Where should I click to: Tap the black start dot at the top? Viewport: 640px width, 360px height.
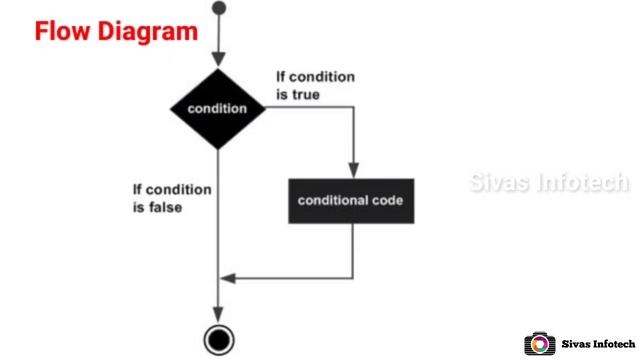pyautogui.click(x=219, y=9)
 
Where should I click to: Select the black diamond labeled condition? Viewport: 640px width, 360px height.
pyautogui.click(x=218, y=108)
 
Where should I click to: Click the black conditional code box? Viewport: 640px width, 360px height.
pyautogui.click(x=351, y=200)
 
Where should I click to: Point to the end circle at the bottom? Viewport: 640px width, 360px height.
pyautogui.click(x=218, y=339)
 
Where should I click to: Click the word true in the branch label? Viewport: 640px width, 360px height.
pyautogui.click(x=307, y=95)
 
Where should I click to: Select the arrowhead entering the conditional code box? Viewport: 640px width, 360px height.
pyautogui.click(x=352, y=171)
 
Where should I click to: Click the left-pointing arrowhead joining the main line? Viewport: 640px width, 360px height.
pyautogui.click(x=226, y=277)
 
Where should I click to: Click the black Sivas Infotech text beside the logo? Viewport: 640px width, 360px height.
pyautogui.click(x=596, y=342)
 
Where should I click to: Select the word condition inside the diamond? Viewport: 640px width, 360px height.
pyautogui.click(x=218, y=109)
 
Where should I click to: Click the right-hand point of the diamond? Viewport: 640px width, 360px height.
pyautogui.click(x=267, y=108)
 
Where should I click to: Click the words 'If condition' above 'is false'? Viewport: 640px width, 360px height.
pyautogui.click(x=171, y=190)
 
